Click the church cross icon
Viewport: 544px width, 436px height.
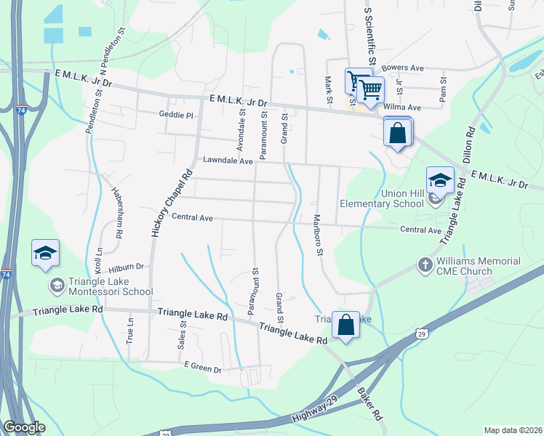pos(425,265)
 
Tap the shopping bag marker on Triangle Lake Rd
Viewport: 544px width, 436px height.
pos(346,324)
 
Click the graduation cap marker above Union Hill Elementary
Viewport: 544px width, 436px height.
pos(440,180)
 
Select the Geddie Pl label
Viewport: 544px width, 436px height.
pos(176,115)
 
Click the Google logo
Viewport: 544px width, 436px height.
pos(24,427)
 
